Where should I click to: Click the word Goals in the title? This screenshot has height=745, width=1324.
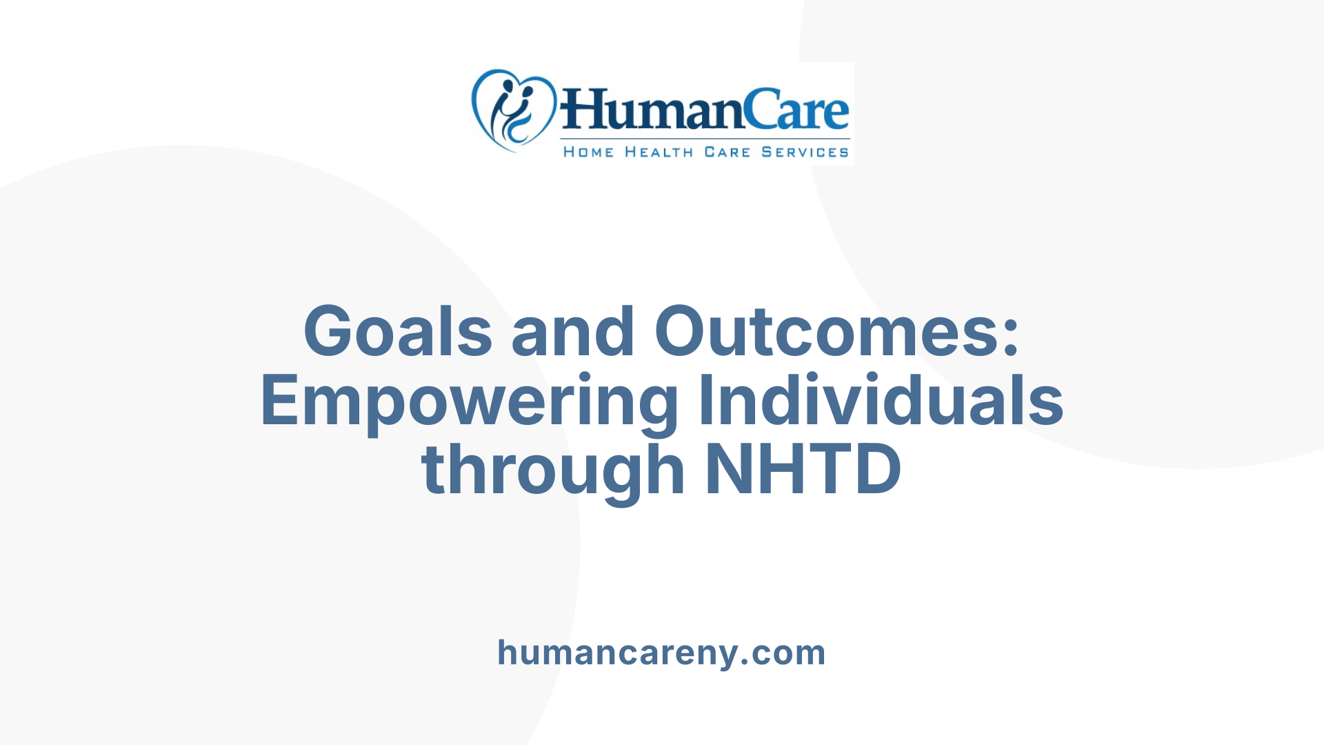coord(397,332)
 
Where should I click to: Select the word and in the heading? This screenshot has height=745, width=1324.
coord(572,332)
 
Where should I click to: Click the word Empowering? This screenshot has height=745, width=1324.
coord(469,402)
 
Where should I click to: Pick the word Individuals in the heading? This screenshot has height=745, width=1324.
coord(881,401)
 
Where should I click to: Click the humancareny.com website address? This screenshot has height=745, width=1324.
coord(661,653)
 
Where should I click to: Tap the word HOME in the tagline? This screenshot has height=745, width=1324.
coord(588,152)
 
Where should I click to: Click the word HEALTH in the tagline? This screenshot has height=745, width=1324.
coord(659,152)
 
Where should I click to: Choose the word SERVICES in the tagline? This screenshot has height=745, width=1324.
coord(805,152)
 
